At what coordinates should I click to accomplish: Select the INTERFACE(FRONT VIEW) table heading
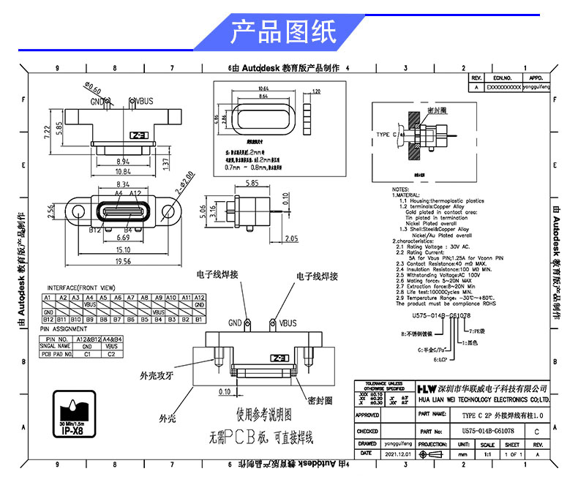click(81, 287)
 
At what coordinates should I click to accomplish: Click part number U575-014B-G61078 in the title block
click(488, 432)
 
